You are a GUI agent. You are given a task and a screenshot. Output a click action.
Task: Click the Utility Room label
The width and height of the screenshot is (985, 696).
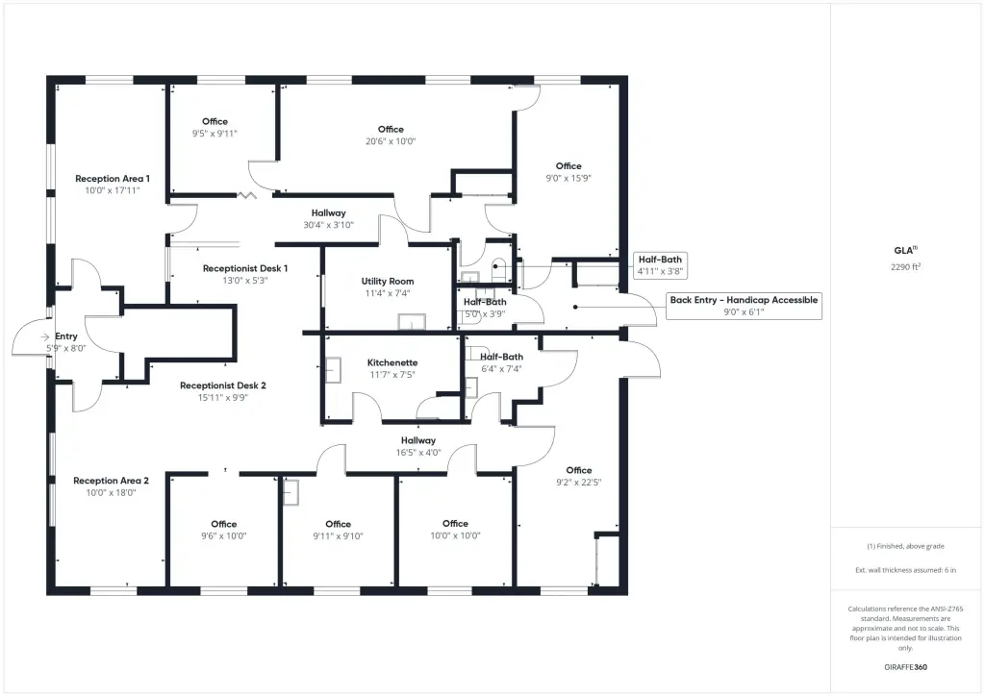[388, 281]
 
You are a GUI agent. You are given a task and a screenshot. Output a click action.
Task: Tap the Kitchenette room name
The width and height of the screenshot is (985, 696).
[392, 362]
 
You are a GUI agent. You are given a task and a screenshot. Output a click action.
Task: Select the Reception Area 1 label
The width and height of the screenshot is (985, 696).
[113, 179]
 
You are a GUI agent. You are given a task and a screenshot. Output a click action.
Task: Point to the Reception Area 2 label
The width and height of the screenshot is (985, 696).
[112, 481]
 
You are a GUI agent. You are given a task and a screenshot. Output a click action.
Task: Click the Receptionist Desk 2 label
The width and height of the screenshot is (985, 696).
[223, 385]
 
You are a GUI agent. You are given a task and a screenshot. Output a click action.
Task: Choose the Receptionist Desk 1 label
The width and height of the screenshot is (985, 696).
[245, 268]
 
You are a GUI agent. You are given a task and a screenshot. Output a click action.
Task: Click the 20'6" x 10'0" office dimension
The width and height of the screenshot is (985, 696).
[391, 142]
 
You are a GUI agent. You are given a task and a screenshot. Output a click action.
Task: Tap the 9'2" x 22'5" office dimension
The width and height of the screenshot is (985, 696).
[578, 483]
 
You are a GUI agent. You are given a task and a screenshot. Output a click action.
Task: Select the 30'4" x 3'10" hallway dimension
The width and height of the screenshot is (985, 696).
[329, 225]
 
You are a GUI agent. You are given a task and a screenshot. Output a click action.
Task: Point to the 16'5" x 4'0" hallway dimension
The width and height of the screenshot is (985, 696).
[418, 453]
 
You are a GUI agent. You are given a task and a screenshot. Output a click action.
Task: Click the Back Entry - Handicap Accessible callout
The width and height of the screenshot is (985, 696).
[744, 307]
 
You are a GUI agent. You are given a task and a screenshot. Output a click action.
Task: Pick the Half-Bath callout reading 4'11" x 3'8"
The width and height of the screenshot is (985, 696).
[660, 265]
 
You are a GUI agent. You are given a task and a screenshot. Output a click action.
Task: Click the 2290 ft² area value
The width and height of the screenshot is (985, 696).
[906, 266]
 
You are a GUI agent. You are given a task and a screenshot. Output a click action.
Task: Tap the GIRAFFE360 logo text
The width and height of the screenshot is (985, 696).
[906, 667]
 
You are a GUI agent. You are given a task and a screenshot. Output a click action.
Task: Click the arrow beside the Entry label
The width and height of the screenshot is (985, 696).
[44, 337]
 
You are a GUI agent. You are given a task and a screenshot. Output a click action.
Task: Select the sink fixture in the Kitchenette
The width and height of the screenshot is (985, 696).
[333, 370]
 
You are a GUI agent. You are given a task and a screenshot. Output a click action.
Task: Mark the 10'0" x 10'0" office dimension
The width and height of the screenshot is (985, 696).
[455, 536]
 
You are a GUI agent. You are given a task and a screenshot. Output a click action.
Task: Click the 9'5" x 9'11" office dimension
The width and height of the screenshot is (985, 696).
[215, 134]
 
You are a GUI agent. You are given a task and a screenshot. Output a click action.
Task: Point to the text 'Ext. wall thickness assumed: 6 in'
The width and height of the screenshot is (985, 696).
[906, 570]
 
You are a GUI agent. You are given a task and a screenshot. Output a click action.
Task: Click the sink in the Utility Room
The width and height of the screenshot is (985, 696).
[412, 322]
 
